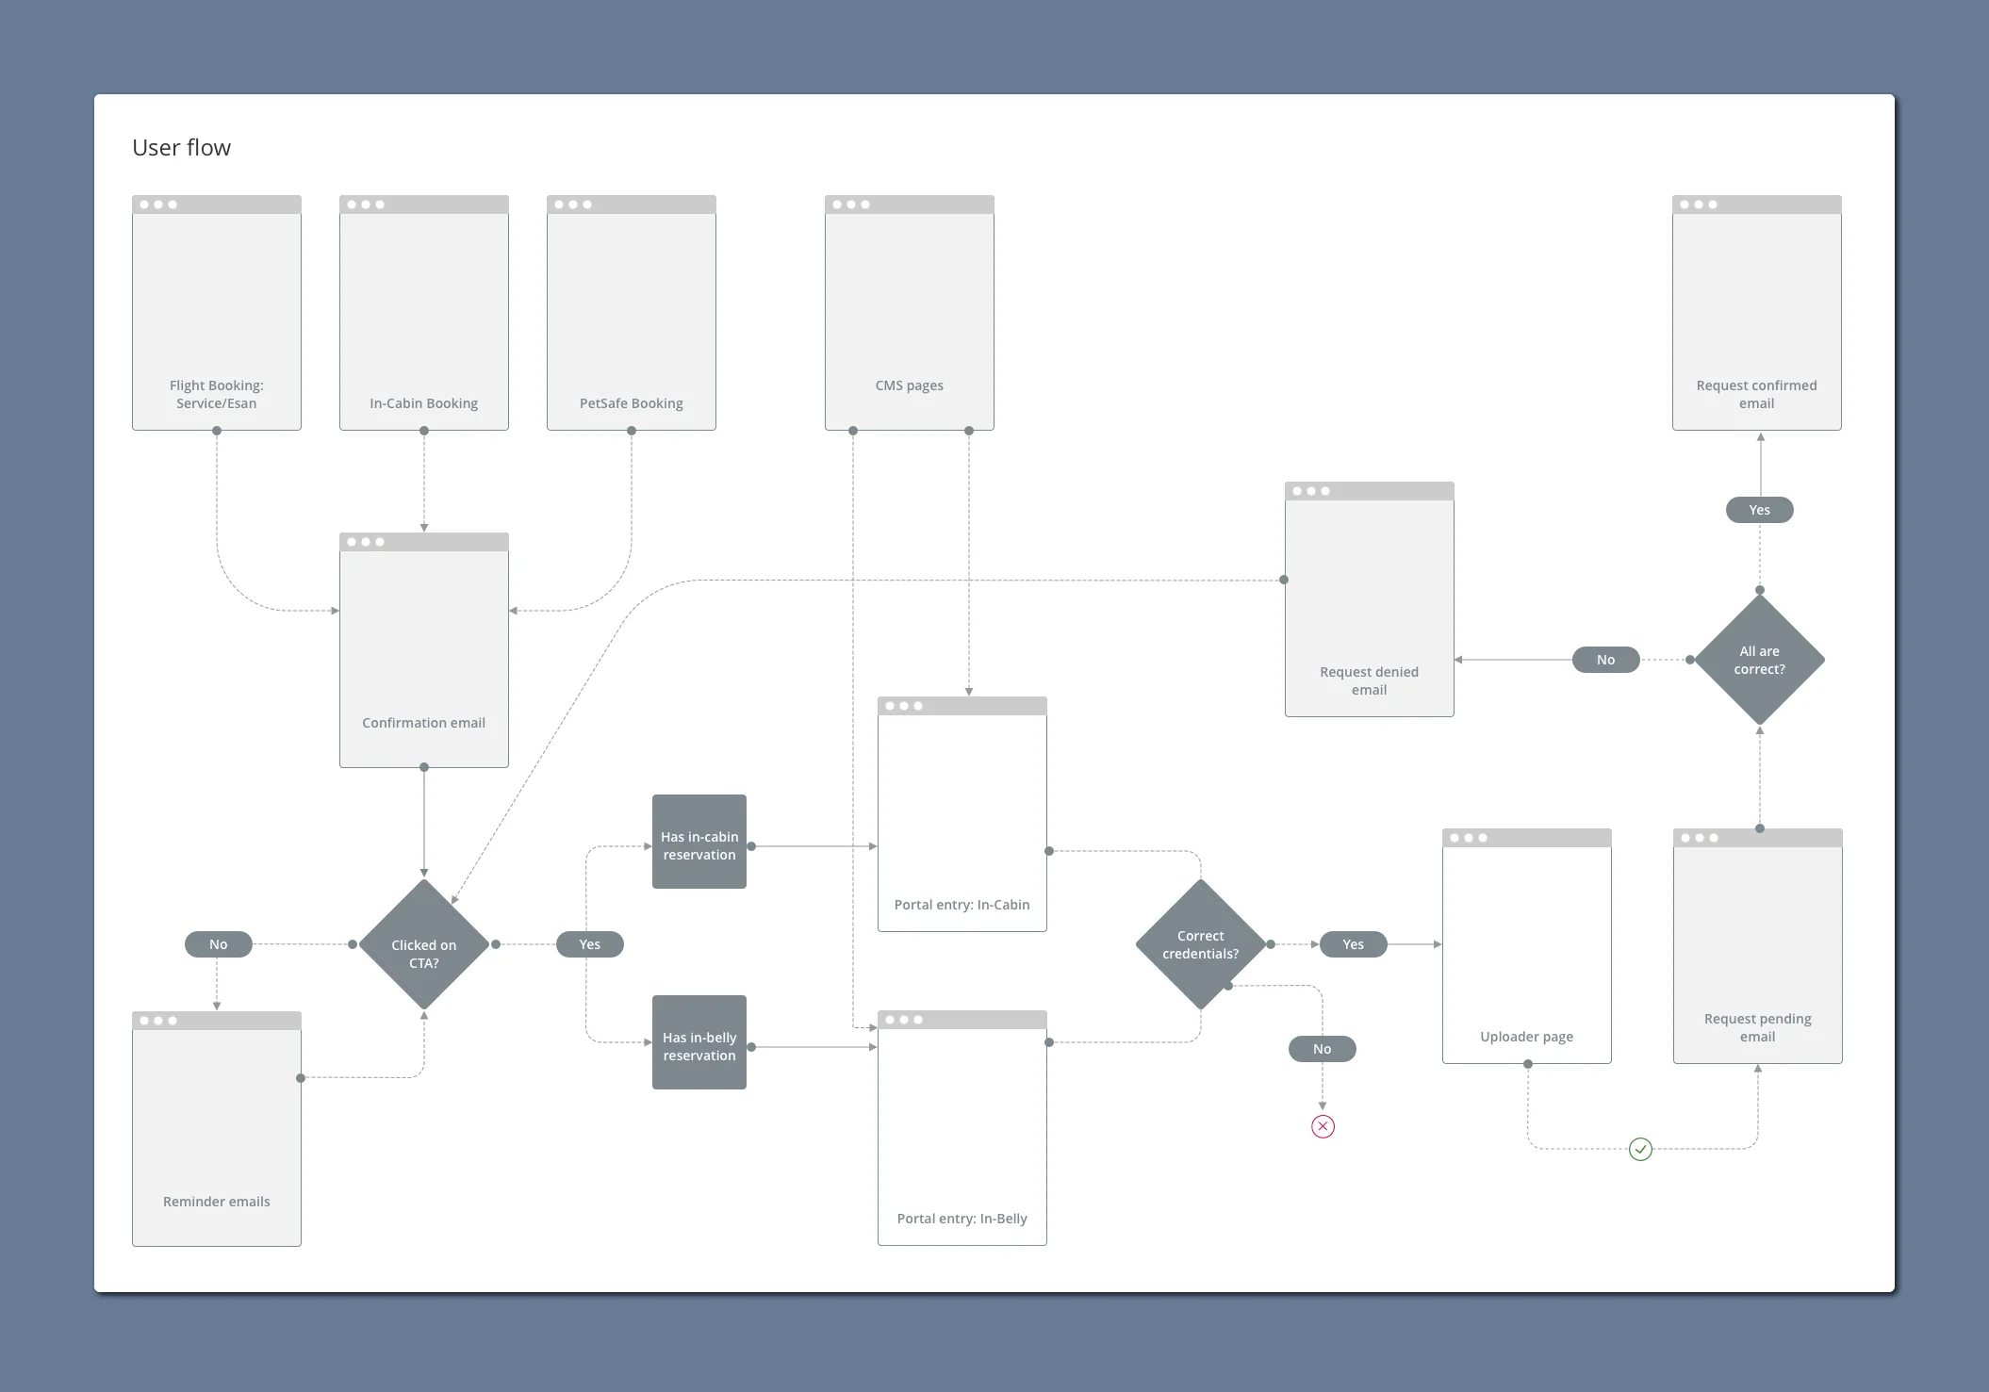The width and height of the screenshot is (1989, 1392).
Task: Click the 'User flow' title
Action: tap(181, 148)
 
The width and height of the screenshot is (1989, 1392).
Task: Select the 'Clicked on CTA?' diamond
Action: tap(424, 945)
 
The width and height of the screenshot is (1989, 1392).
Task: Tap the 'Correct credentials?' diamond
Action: tap(1200, 944)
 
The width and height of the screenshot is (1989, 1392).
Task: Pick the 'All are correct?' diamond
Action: tap(1759, 660)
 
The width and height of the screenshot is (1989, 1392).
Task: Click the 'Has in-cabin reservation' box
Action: tap(699, 842)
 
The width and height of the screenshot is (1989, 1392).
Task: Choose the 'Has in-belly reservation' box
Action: tap(699, 1042)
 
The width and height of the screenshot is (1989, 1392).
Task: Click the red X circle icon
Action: tap(1323, 1126)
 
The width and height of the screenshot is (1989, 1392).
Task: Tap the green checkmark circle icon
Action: tap(1640, 1149)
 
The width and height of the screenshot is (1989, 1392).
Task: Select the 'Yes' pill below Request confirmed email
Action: tap(1759, 510)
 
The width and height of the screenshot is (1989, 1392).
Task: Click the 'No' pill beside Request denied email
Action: tap(1605, 660)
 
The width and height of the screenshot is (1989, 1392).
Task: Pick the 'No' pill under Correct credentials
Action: tap(1322, 1049)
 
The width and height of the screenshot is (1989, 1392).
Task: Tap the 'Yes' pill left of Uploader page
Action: tap(1353, 944)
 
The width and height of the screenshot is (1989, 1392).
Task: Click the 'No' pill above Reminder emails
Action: tap(218, 944)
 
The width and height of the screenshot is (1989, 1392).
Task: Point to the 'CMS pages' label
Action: tap(909, 385)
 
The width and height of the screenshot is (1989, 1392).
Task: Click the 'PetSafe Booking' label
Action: tap(631, 403)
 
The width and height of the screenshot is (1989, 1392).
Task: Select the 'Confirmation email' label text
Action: tap(423, 723)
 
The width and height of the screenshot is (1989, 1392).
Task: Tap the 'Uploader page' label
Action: tap(1526, 1037)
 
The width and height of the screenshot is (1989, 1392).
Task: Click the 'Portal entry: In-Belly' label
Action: tap(962, 1219)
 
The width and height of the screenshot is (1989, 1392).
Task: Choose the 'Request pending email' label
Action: tap(1757, 1027)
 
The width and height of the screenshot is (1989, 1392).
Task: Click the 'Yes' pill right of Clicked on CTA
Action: tap(589, 944)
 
